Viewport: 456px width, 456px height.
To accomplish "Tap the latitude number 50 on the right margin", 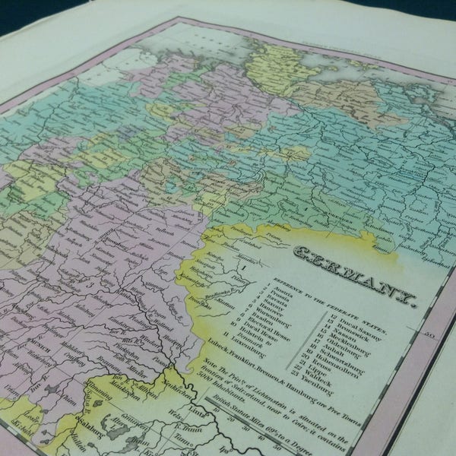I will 429,332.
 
